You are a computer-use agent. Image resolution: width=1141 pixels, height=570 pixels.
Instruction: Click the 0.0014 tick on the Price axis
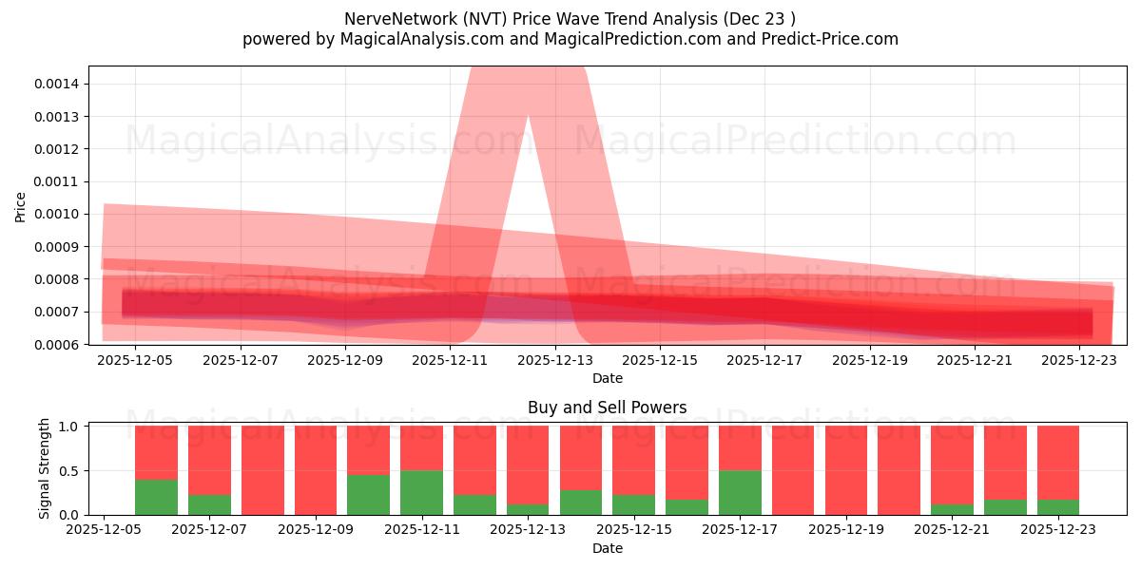[x=58, y=84]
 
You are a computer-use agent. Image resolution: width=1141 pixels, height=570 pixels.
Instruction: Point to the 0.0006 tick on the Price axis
[x=58, y=344]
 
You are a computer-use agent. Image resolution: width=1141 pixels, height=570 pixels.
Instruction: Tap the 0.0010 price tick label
[x=58, y=214]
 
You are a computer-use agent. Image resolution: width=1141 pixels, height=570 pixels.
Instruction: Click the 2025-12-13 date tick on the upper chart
[x=554, y=360]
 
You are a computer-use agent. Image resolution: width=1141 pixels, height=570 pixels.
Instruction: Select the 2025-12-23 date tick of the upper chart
[x=1079, y=360]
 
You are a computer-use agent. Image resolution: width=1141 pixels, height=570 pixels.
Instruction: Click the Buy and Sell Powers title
[x=607, y=408]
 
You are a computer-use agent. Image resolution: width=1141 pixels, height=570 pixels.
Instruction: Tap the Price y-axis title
[x=21, y=206]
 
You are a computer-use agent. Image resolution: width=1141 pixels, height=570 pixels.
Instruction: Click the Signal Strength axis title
[x=45, y=469]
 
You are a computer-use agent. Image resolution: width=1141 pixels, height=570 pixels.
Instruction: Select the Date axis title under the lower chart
[x=607, y=548]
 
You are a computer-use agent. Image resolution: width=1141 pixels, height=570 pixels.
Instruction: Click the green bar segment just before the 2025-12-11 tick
[x=368, y=495]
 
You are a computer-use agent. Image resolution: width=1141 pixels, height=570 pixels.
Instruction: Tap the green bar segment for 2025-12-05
[x=156, y=497]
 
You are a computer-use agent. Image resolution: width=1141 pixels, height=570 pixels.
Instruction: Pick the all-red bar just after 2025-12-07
[x=262, y=470]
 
